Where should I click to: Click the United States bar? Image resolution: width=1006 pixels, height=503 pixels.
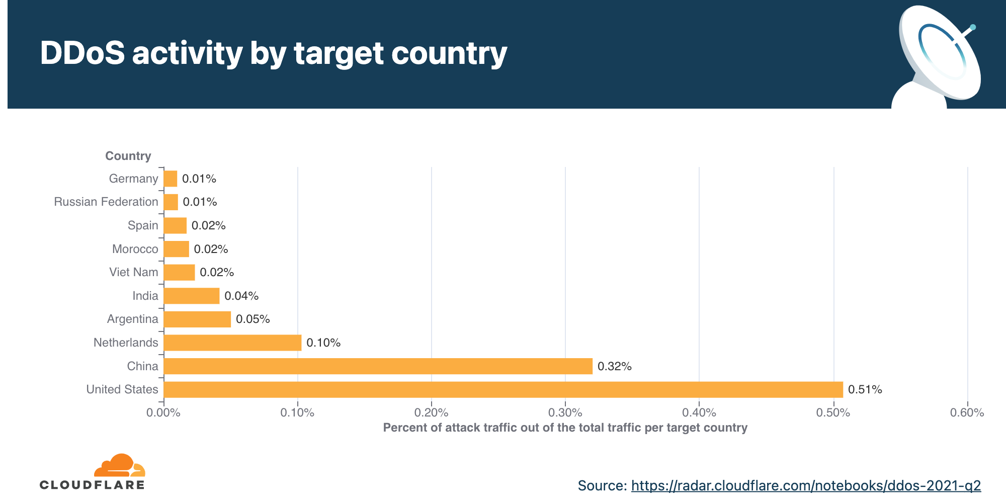(503, 389)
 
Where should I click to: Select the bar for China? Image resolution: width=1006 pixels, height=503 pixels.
(378, 366)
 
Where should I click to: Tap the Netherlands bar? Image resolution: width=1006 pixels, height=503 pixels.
(232, 343)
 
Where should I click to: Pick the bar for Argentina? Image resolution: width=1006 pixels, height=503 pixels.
(197, 319)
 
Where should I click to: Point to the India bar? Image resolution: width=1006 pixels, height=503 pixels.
(192, 296)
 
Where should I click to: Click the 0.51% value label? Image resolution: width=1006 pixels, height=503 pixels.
(865, 389)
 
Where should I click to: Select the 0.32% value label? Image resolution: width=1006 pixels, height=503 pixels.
(614, 366)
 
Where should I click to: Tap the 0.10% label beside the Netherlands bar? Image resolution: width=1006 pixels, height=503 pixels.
(323, 343)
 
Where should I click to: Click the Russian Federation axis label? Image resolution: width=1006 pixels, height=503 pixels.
(106, 202)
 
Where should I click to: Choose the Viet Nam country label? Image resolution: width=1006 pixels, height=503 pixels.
(134, 272)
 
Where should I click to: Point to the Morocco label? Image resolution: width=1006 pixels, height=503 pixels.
(135, 249)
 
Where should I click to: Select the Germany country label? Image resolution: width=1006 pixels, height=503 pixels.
(133, 179)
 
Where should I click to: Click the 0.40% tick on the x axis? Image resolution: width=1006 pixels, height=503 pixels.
(699, 413)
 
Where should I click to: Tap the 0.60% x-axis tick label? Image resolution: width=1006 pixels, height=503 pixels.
(967, 413)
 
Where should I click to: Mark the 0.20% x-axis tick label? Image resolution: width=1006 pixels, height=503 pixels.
(431, 413)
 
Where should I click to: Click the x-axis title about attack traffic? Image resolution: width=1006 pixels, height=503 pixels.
(565, 428)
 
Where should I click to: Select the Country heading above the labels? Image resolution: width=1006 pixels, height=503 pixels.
(128, 156)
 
